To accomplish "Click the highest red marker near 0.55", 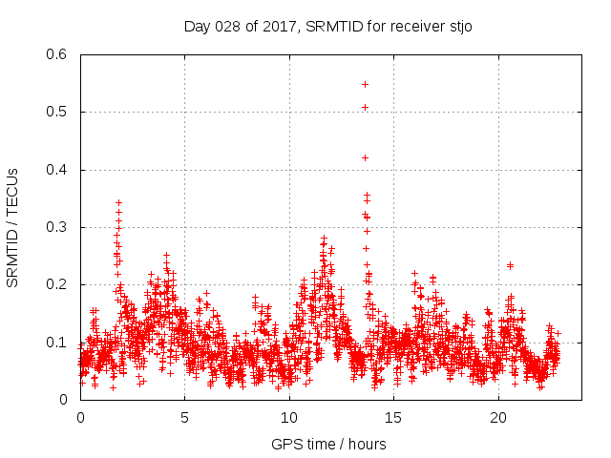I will tap(365, 84).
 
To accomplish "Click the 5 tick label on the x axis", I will tap(184, 418).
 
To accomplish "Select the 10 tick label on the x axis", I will tap(289, 418).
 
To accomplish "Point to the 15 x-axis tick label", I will tap(393, 418).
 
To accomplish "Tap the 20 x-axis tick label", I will tap(498, 418).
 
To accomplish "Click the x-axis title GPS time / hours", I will tap(329, 444).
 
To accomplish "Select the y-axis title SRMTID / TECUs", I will tap(12, 227).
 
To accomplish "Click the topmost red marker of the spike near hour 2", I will tap(118, 202).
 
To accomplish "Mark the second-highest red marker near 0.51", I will tap(365, 107).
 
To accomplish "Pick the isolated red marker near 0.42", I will tap(365, 157).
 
